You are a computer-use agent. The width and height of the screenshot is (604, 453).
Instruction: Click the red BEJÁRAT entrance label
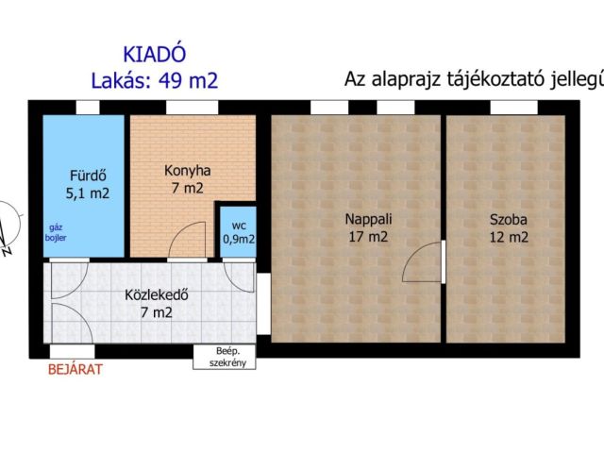[x=75, y=369]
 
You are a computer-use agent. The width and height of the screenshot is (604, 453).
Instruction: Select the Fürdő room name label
[x=87, y=175]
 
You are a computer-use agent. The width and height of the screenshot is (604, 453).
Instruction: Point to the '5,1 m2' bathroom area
[x=87, y=193]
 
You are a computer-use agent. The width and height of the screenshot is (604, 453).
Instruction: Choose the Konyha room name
[x=187, y=171]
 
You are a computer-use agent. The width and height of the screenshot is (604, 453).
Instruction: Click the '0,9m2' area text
[x=237, y=239]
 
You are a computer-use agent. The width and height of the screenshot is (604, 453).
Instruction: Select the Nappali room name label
[x=367, y=220]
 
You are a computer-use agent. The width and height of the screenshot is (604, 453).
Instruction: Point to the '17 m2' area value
[x=367, y=238]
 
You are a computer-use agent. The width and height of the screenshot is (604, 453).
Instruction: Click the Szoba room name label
[x=508, y=220]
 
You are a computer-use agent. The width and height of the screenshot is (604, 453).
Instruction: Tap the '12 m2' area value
[x=508, y=238]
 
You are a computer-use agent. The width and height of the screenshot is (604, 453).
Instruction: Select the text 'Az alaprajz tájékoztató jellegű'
[x=471, y=80]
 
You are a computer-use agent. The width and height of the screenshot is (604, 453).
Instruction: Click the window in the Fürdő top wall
[x=88, y=108]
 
